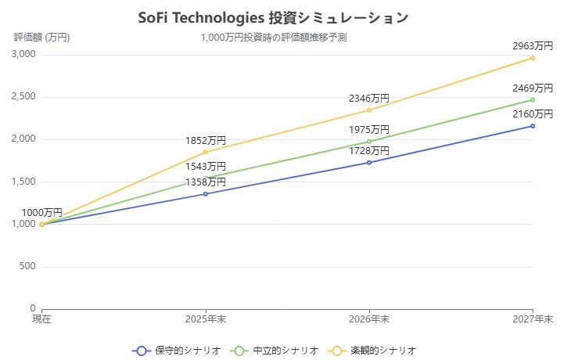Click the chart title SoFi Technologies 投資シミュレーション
point(273,18)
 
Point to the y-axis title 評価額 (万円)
point(41,37)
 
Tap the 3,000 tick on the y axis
point(24,55)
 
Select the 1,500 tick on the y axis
point(24,182)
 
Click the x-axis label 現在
point(41,319)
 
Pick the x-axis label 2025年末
point(206,319)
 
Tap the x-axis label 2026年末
point(369,319)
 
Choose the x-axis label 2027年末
point(533,319)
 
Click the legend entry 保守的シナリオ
point(177,351)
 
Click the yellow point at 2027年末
point(533,58)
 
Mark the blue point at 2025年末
point(206,194)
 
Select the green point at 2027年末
point(533,99)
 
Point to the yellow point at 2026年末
point(369,110)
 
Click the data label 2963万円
point(533,46)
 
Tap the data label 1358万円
point(206,182)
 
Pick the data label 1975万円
point(369,130)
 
